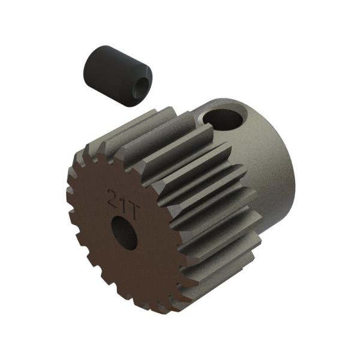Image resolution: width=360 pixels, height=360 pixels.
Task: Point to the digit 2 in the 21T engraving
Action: pos(111,196)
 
